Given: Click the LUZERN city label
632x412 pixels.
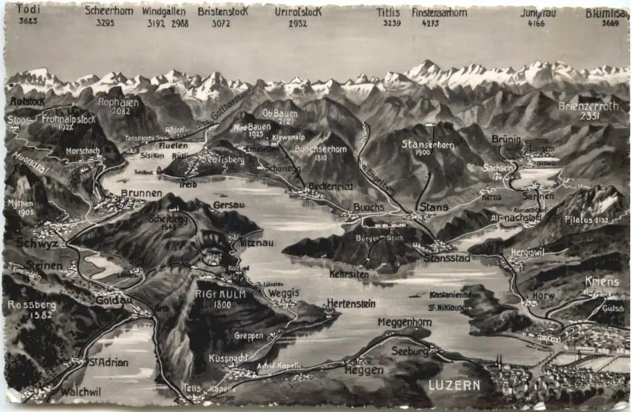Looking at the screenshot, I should tap(454, 385).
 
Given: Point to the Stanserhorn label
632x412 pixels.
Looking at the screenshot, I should tap(429, 144).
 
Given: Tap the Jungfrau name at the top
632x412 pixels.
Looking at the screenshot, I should tap(540, 12).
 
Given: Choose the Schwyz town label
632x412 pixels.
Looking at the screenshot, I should tap(37, 242).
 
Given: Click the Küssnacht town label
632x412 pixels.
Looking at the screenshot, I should tap(228, 357).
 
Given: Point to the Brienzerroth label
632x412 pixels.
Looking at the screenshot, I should tap(588, 106).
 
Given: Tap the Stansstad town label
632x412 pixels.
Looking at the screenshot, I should tap(447, 258).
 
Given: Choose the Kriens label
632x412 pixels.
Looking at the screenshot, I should tap(602, 282).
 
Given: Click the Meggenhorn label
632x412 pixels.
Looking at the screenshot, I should tap(404, 322).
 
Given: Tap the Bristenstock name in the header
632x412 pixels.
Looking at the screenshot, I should tap(222, 11).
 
